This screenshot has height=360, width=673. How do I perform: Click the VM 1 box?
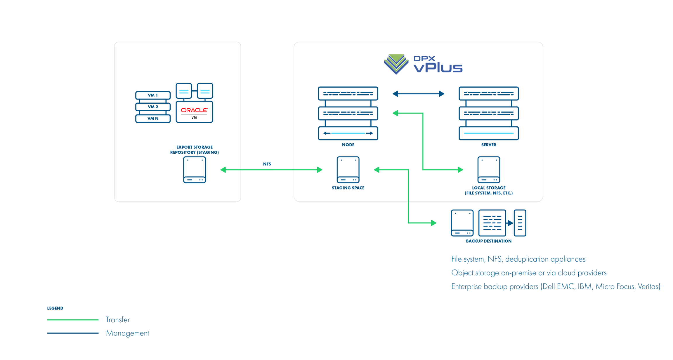(153, 95)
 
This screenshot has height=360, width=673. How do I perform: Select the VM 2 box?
(153, 107)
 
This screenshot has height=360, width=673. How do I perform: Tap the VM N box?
(153, 119)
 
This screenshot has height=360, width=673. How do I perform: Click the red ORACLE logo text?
(194, 110)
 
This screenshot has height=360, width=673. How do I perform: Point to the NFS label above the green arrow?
(267, 164)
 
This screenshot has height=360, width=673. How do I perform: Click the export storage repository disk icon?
(195, 170)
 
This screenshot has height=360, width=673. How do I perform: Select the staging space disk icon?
(348, 170)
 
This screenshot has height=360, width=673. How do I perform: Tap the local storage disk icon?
(489, 170)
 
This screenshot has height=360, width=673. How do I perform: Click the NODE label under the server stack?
(348, 145)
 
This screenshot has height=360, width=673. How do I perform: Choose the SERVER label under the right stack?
(489, 145)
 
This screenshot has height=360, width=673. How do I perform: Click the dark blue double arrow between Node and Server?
(418, 94)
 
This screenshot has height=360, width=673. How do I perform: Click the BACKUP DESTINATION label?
(489, 241)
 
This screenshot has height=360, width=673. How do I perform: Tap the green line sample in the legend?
(73, 320)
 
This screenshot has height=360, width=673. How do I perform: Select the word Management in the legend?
(127, 333)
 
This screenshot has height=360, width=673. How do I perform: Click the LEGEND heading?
(55, 308)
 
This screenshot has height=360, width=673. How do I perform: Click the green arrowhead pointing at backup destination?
(433, 223)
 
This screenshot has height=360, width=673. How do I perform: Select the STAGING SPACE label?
(348, 188)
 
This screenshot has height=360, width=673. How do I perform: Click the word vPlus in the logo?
(438, 68)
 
